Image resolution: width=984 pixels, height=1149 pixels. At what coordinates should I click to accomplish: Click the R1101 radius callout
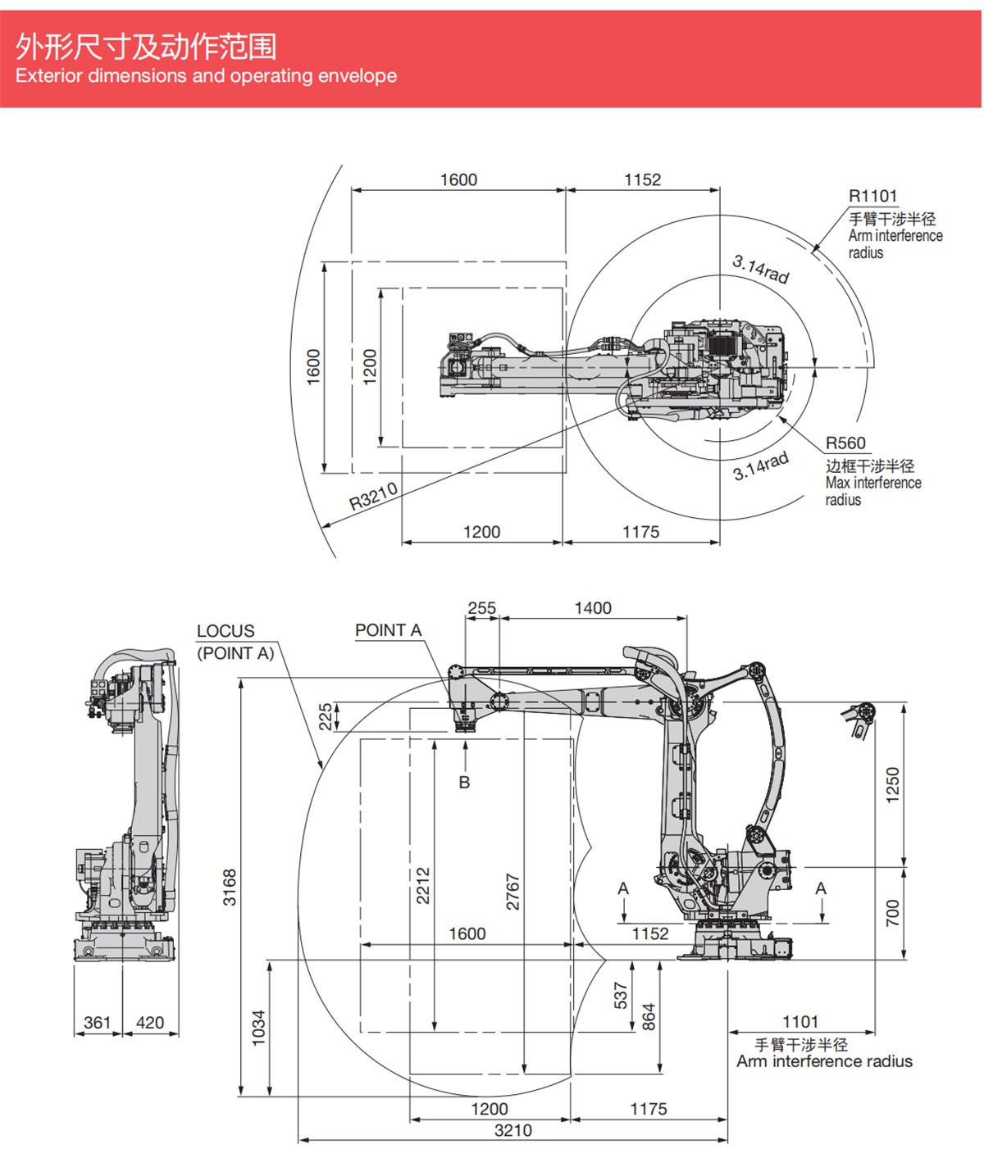coord(872,196)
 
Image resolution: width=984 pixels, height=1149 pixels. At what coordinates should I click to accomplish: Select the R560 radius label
coord(845,443)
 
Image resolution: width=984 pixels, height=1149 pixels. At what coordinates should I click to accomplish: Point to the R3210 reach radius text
coord(373,496)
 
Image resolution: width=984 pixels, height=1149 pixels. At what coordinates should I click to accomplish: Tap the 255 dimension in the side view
coord(481,608)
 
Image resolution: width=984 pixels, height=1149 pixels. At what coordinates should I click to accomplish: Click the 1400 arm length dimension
coord(592,608)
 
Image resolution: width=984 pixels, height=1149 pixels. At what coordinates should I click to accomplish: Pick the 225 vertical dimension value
coord(326,716)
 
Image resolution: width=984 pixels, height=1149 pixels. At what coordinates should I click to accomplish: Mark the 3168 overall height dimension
coord(230,887)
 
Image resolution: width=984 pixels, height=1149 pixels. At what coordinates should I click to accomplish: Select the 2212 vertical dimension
coord(423,885)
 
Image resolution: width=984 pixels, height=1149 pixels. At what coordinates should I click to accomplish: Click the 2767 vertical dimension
coord(512,892)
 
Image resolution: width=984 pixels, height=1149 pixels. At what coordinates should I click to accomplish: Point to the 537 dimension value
coord(621,995)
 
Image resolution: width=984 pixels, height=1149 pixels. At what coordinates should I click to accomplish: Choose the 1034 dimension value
coord(258,1027)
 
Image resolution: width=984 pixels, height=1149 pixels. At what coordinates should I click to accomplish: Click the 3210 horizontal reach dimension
coord(512,1130)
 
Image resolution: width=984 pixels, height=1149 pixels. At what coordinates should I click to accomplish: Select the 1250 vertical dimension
coord(893,784)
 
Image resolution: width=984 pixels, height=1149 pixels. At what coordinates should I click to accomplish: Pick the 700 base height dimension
coord(893,912)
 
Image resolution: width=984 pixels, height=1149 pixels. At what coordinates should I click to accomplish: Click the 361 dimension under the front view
coord(97,1023)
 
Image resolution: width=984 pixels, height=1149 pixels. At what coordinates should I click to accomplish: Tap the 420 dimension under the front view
coord(149,1023)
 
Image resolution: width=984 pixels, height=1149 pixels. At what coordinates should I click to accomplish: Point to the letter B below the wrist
coord(464,783)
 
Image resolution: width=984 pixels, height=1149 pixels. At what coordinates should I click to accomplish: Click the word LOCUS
coord(225,631)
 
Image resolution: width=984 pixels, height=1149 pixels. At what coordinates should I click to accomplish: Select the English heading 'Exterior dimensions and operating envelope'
coord(206,76)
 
